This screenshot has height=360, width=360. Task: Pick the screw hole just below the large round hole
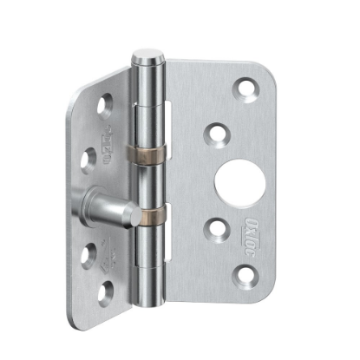213,227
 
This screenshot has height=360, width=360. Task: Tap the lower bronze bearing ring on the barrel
150,212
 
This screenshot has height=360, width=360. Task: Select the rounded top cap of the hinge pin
145,60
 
